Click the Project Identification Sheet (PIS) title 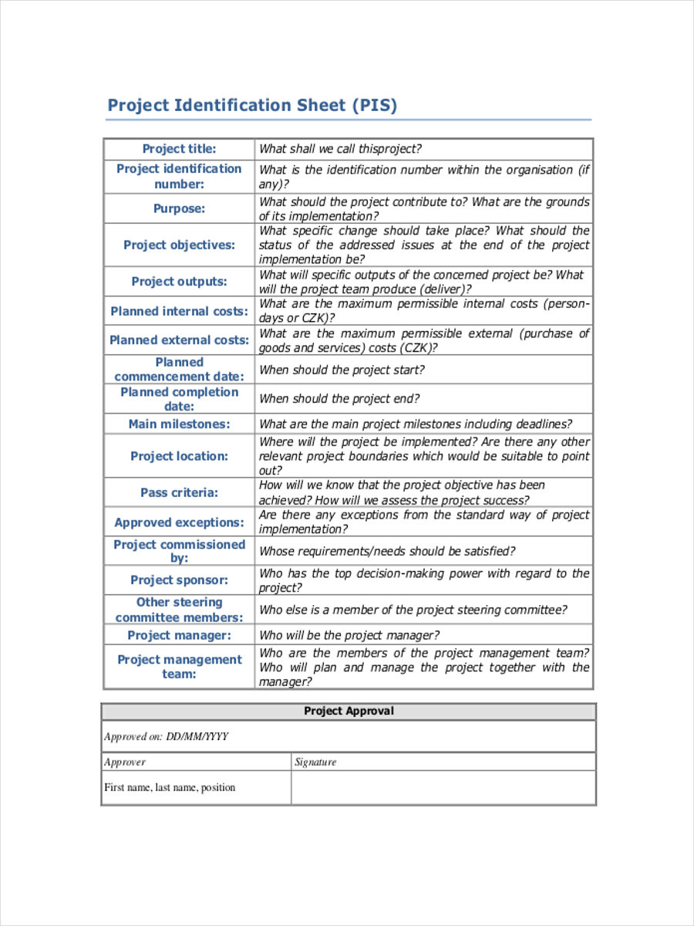click(x=252, y=105)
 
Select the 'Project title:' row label click(x=179, y=149)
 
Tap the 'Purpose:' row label click(x=179, y=208)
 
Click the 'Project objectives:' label click(x=179, y=245)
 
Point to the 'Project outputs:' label click(x=179, y=282)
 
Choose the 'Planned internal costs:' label click(x=179, y=311)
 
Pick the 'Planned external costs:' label click(x=179, y=340)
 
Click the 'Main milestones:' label click(x=179, y=424)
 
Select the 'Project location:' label click(x=179, y=456)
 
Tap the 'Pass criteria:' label click(x=179, y=492)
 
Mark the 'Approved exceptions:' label click(x=179, y=522)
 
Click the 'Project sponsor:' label click(x=179, y=580)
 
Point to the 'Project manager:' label click(x=179, y=635)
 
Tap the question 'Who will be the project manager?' click(x=349, y=635)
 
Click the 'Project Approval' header click(x=349, y=711)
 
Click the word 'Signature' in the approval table click(x=315, y=762)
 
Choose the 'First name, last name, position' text click(x=170, y=788)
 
